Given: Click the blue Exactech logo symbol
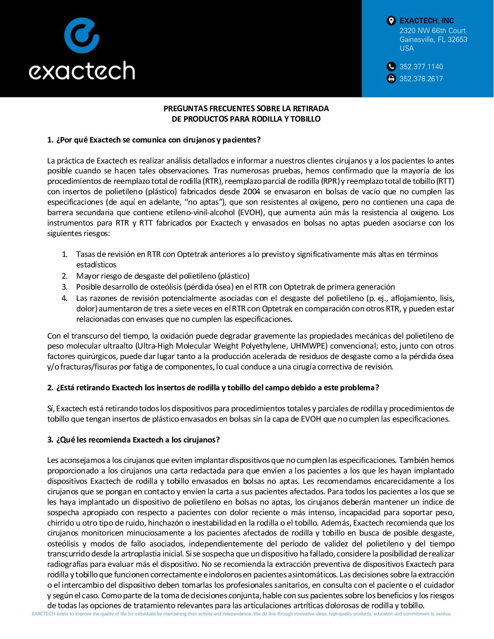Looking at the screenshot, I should pos(82,35).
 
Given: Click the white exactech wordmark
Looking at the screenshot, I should pos(82,71).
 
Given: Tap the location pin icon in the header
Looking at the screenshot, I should pos(391,20).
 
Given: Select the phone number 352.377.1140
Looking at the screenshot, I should pos(421,67).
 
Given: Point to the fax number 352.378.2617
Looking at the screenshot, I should pos(421,79).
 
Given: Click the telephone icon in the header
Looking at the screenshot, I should pos(391,67).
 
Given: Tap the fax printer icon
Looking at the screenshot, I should pos(391,79).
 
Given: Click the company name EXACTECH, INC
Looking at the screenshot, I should pos(426,20).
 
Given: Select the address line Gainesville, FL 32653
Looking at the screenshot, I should pos(433,39).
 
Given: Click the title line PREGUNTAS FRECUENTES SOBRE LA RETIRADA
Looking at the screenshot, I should pos(246,108).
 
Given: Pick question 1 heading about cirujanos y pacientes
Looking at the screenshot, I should pos(154,140).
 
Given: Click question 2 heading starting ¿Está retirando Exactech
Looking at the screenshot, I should pos(213,388).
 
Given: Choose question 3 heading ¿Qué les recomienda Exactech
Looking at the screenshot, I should pos(133,440).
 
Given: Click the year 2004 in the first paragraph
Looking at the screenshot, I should pos(252,192).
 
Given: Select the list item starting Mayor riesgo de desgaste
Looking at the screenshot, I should pos(163,276).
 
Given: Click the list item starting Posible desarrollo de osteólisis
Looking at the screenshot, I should pos(235,287).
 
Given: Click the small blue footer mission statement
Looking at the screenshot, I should pos(242,614).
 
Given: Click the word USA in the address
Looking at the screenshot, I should pos(406,49).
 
